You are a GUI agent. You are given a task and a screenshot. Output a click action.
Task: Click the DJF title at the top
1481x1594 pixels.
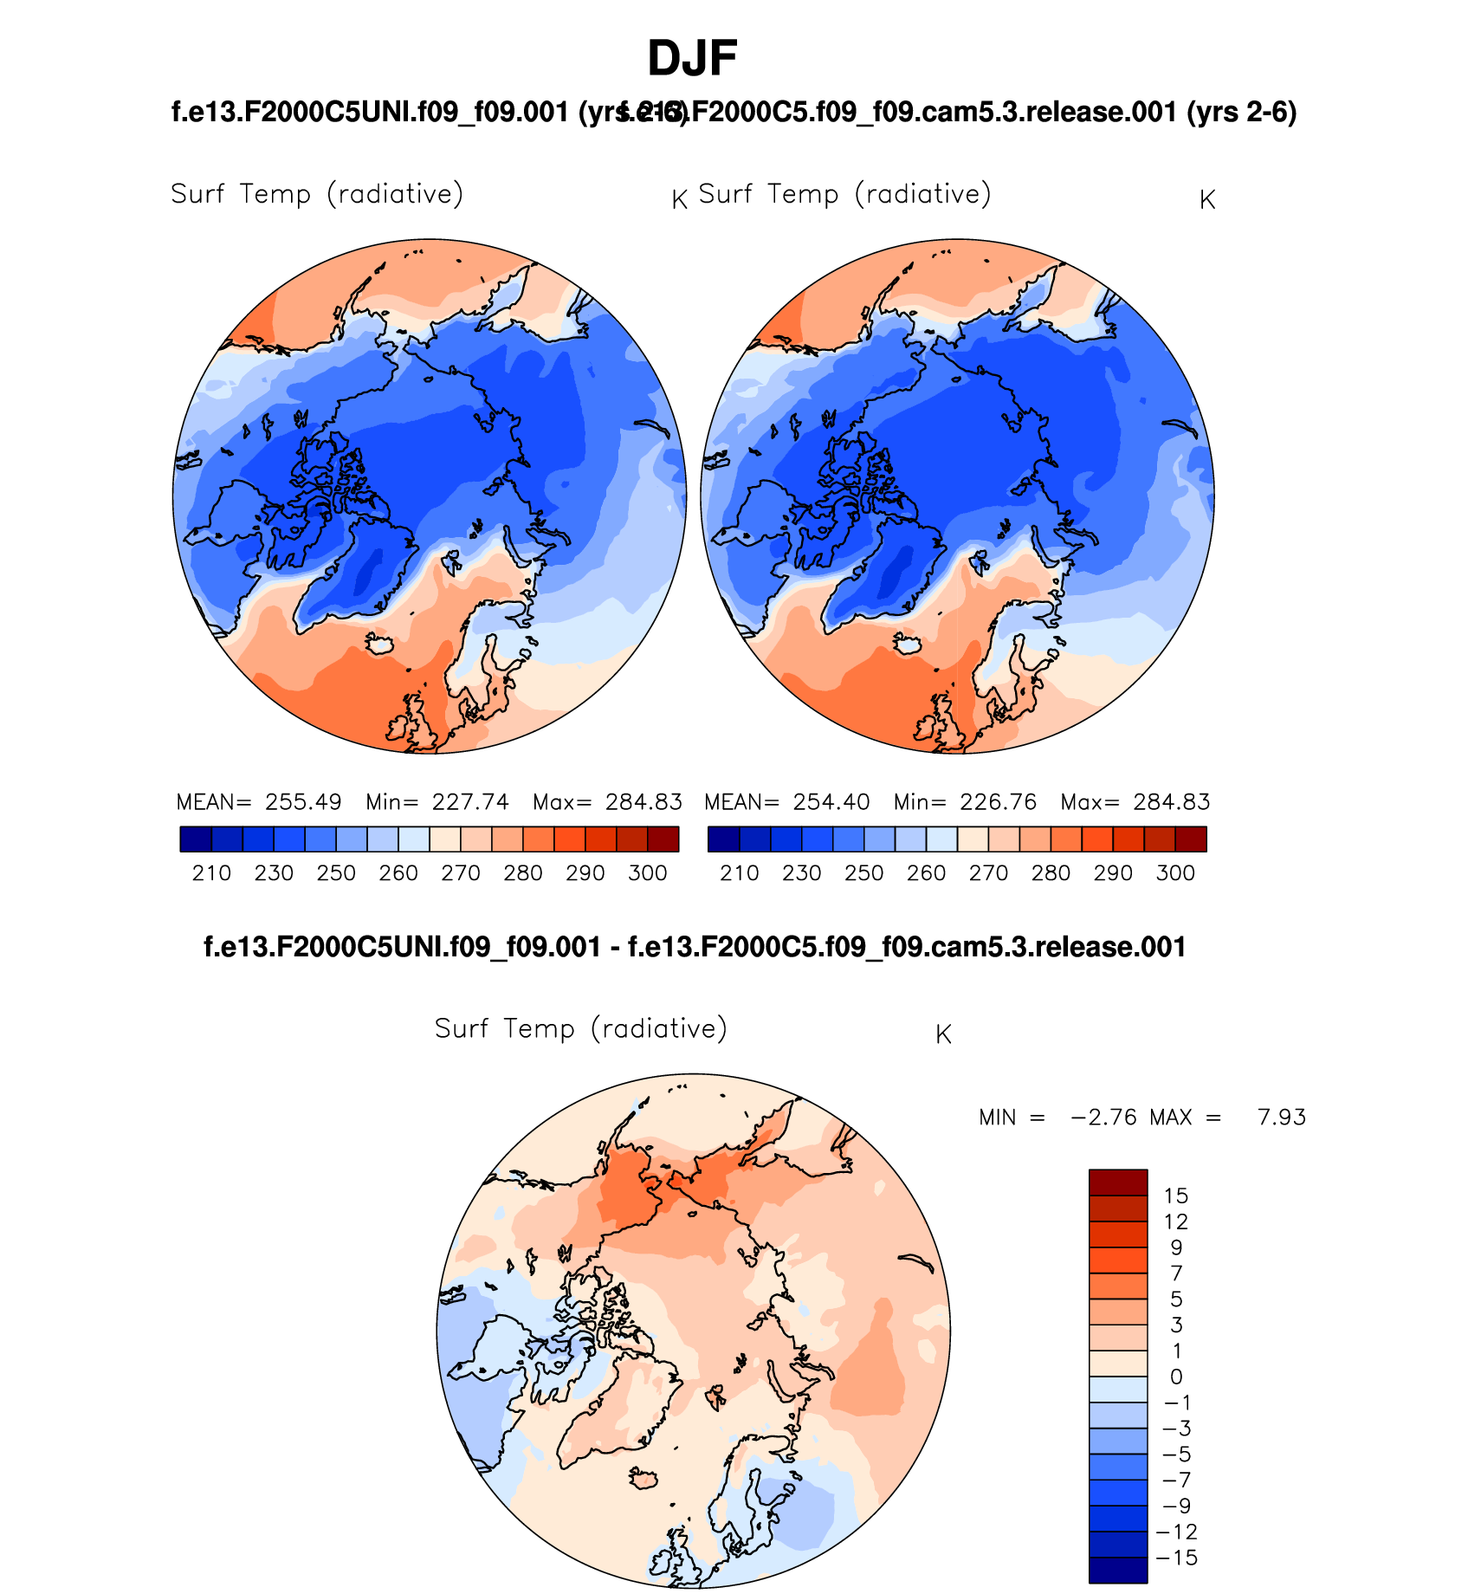692,59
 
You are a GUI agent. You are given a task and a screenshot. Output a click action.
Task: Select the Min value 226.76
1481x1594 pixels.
998,802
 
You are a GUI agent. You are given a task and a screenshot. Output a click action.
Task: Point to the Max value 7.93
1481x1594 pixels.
1281,1118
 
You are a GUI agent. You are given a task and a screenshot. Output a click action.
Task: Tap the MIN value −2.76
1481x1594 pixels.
1103,1118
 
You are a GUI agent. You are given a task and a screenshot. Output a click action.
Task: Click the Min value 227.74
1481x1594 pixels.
470,802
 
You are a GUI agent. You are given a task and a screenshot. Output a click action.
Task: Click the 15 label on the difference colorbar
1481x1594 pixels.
1175,1196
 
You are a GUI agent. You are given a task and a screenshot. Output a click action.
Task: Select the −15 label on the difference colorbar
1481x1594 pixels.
1175,1558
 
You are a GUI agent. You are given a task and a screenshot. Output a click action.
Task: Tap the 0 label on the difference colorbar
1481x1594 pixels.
1175,1377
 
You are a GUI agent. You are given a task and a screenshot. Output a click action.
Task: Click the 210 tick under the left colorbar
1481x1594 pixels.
211,873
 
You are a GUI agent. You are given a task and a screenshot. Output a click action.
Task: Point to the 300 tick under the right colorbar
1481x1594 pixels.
1175,873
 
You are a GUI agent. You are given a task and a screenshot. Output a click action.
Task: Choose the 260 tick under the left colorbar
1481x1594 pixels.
398,873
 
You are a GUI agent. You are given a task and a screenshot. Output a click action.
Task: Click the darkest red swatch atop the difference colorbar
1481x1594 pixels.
1118,1183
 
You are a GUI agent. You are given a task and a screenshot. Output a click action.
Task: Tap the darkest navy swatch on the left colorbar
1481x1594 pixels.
196,839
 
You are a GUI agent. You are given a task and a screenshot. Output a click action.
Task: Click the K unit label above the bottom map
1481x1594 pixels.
943,1034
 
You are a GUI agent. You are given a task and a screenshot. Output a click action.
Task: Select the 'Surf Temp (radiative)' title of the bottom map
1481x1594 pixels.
580,1029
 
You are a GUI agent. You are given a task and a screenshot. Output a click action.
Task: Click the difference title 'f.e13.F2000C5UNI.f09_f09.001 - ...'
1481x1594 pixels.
695,947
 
